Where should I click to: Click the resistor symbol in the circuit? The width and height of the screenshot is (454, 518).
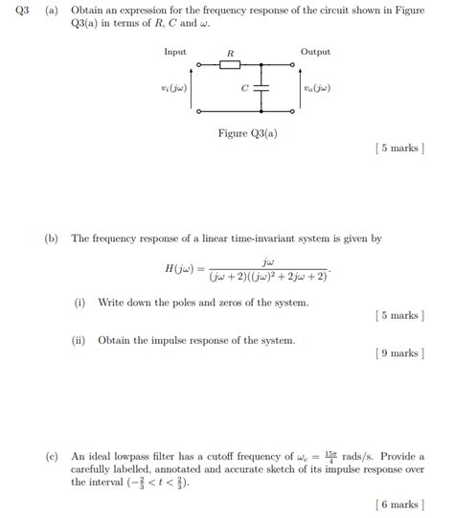(230, 66)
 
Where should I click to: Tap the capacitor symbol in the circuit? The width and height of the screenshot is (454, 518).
(263, 88)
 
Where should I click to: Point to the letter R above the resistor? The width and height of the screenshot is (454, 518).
(230, 53)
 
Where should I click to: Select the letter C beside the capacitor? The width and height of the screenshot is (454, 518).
(244, 88)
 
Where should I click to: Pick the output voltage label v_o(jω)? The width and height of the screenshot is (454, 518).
(317, 88)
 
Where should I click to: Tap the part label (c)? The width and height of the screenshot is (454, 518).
(52, 457)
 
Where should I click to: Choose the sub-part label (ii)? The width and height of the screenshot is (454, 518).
(80, 340)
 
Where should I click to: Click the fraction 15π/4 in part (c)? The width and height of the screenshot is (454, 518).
(329, 457)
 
